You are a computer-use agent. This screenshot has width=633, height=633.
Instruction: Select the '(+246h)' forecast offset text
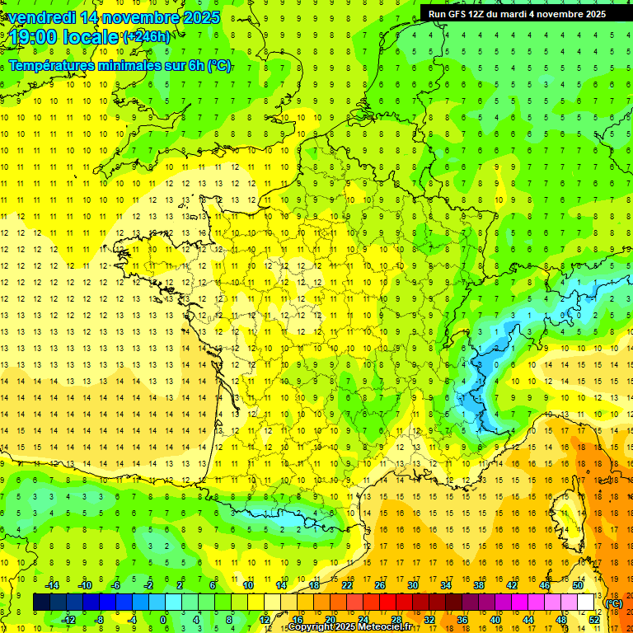point(147,37)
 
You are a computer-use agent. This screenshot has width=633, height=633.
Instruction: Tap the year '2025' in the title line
point(201,17)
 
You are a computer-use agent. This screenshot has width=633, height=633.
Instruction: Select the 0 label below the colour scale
point(163,620)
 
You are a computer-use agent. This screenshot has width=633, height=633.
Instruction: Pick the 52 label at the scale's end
point(593,620)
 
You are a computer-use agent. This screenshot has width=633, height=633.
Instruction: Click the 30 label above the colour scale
point(412,585)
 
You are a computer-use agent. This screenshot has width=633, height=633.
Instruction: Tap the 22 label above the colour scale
point(347,585)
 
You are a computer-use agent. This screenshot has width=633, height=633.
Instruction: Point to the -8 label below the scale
point(99,620)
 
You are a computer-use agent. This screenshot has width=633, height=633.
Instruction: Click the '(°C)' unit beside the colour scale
point(613,603)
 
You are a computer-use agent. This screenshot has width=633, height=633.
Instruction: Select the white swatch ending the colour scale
point(586,603)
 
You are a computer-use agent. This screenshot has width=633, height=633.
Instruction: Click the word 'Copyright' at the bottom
point(313,627)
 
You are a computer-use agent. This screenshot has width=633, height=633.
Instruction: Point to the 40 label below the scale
point(495,620)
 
